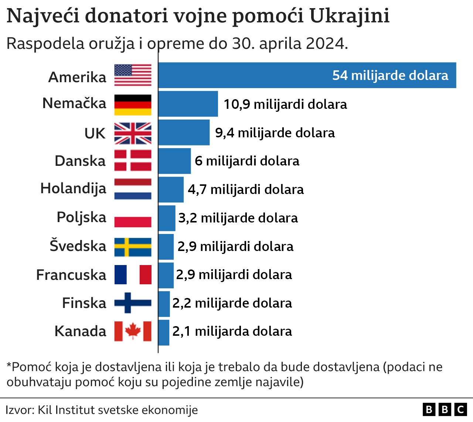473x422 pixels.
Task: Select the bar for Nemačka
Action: pos(188,104)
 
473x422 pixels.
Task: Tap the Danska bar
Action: pos(174,161)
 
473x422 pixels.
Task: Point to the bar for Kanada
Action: pos(164,332)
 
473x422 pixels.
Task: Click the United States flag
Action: pos(133,75)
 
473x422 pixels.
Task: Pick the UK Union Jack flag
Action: pos(133,133)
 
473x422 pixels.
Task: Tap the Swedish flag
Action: pos(133,247)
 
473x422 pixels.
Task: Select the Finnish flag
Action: pos(133,303)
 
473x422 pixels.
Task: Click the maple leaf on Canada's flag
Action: pos(133,331)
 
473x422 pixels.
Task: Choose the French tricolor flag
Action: pos(133,275)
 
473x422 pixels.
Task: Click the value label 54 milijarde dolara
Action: pos(390,76)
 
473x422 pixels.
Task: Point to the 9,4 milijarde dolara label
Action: pos(275,133)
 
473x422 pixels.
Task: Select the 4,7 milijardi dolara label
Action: pos(245,190)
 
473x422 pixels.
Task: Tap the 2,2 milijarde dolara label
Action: pos(232,303)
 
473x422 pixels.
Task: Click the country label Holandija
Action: pos(73,188)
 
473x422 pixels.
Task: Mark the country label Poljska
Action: pos(81,217)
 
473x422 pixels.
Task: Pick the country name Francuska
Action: pos(71,275)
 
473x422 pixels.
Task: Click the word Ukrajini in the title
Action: pos(349,16)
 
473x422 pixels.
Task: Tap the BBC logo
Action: pos(445,409)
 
